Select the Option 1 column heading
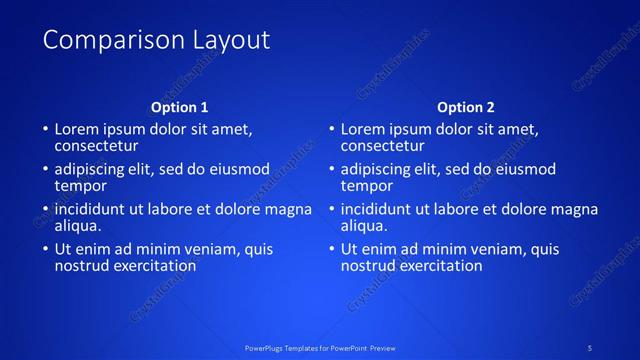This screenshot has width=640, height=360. click(x=180, y=107)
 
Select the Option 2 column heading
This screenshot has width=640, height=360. click(x=466, y=107)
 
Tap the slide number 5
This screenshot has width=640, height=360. click(x=590, y=347)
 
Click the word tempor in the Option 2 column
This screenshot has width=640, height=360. click(x=367, y=185)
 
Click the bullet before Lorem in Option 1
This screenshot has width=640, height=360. click(x=45, y=130)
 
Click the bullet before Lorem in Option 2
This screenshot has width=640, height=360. click(x=331, y=130)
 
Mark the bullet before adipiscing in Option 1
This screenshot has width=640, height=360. click(x=45, y=170)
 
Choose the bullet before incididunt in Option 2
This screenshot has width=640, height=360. click(x=331, y=210)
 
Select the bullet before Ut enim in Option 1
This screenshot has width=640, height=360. click(x=45, y=250)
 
